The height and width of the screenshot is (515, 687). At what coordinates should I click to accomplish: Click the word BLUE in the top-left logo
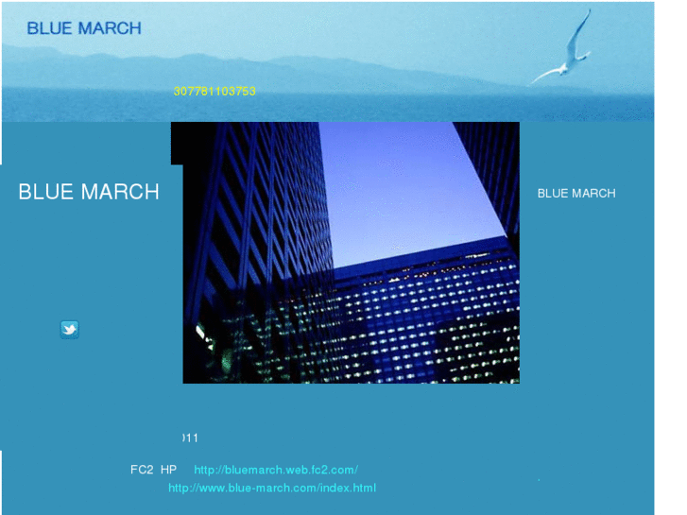pos(49,28)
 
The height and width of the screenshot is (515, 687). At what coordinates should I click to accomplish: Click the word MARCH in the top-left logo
pos(109,28)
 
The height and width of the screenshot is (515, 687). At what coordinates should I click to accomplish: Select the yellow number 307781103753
pos(215,92)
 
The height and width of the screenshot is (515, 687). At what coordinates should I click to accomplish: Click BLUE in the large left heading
pos(45,192)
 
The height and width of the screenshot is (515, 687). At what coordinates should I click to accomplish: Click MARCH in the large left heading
pos(119,192)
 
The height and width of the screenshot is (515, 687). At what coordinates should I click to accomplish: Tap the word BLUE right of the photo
pos(553,193)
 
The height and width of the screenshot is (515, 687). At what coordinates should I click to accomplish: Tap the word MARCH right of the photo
pos(594,193)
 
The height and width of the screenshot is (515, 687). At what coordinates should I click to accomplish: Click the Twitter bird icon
pos(69,329)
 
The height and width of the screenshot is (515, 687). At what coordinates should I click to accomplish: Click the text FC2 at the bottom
pos(142,470)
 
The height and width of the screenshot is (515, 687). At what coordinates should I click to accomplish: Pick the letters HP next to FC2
pos(168,470)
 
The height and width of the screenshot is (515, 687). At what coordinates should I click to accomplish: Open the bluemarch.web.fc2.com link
pos(275,470)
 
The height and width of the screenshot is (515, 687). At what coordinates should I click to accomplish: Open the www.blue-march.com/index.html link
pos(272,488)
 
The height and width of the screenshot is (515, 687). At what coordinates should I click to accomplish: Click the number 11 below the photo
pos(191,438)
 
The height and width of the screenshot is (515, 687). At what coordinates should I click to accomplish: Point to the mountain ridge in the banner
pos(283,64)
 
